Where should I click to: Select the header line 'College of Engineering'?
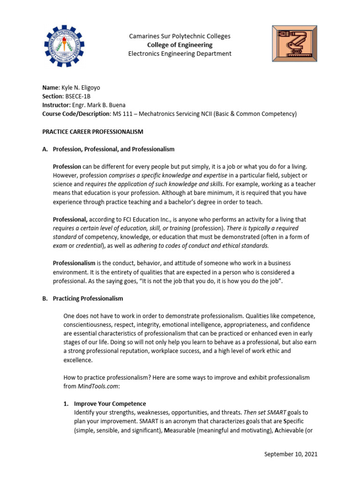[x=180, y=45]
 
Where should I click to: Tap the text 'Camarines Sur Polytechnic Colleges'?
[x=180, y=36]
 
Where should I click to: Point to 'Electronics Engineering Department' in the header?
[x=180, y=53]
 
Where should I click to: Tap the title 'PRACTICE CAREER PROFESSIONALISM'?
[x=93, y=132]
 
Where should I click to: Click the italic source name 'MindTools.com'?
[x=97, y=386]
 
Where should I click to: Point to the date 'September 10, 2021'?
[x=291, y=454]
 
